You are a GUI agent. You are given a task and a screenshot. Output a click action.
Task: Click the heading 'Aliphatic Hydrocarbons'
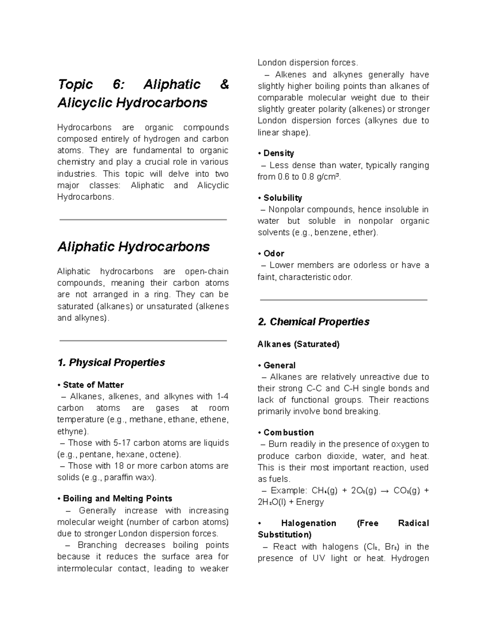[x=134, y=247]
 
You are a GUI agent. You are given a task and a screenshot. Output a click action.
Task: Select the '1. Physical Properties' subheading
[x=111, y=362]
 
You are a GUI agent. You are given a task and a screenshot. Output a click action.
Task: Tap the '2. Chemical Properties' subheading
[x=313, y=322]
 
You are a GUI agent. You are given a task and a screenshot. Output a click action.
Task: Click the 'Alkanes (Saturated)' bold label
[x=298, y=344]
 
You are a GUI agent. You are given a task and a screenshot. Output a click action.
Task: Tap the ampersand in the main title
[x=224, y=85]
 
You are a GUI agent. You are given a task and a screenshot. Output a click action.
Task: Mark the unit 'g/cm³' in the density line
[x=328, y=177]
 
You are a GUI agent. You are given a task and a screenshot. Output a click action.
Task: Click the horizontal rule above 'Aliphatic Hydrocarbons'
[x=143, y=220]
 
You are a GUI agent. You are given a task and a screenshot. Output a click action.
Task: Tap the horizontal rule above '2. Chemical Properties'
[x=343, y=300]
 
